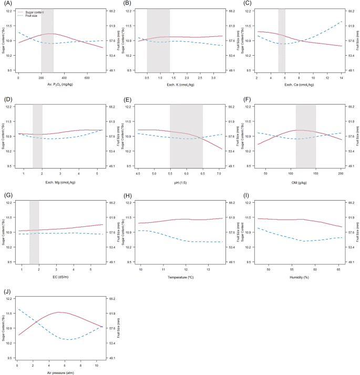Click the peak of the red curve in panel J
(x=59, y=312)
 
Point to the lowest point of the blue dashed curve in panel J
(x=68, y=339)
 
